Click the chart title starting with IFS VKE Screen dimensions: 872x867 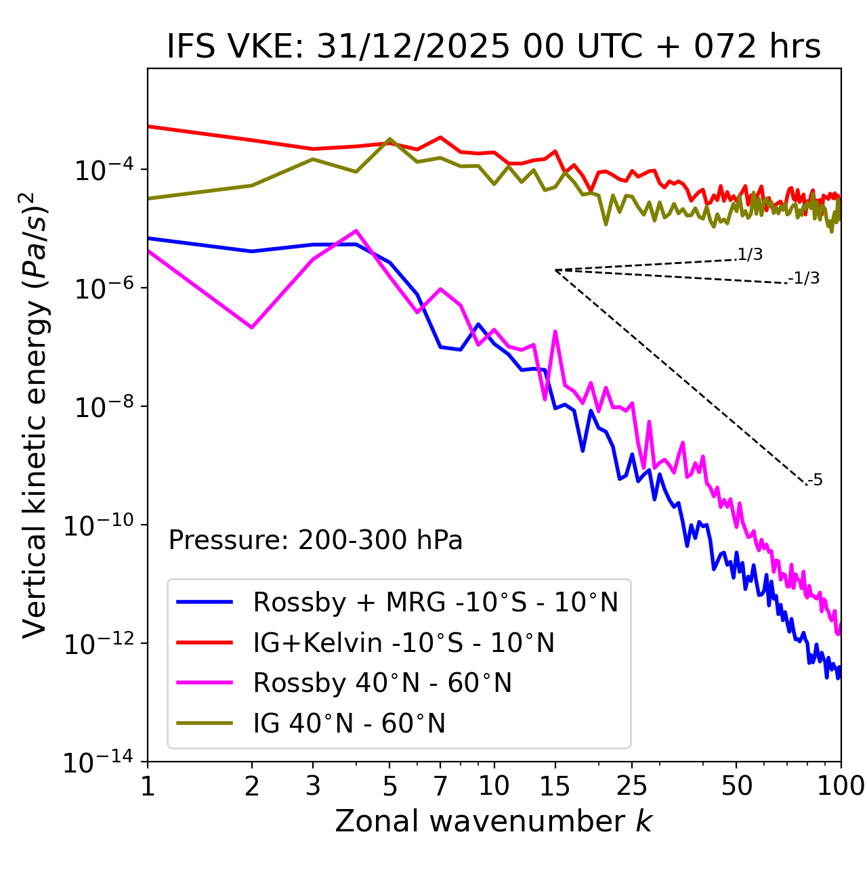tap(494, 47)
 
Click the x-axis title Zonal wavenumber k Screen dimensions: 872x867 tap(494, 821)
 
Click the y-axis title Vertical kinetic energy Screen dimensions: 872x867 tap(35, 414)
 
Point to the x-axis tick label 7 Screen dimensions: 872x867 tap(440, 785)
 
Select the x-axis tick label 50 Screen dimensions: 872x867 tap(736, 785)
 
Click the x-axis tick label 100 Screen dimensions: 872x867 tap(841, 785)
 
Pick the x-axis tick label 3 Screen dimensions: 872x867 tap(313, 785)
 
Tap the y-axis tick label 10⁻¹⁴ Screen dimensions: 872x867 tap(99, 762)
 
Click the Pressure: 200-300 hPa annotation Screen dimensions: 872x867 tap(316, 540)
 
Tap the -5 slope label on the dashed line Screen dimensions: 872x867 tap(815, 480)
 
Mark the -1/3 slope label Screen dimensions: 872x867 tap(805, 278)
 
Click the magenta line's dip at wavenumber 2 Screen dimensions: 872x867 tap(252, 328)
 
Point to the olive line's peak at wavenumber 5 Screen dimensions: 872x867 tap(389, 139)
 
